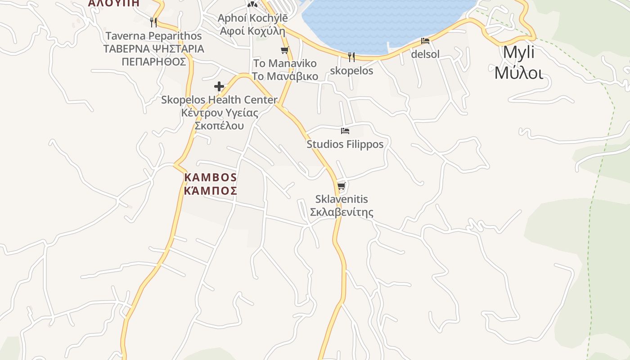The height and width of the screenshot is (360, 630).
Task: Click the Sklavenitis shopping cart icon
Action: pyautogui.click(x=341, y=186)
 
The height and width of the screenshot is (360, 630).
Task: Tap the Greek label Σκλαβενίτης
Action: pyautogui.click(x=342, y=212)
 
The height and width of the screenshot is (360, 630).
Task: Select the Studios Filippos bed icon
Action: pyautogui.click(x=345, y=131)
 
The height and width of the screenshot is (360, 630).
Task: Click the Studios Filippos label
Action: pyautogui.click(x=345, y=144)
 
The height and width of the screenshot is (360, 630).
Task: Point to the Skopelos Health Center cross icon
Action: pyautogui.click(x=219, y=86)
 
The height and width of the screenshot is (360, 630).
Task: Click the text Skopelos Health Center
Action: pyautogui.click(x=219, y=100)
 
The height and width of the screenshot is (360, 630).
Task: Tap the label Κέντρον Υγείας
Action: pyautogui.click(x=220, y=113)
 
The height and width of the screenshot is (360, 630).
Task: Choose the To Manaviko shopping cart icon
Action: pyautogui.click(x=284, y=50)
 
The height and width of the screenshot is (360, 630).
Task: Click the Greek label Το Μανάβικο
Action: pyautogui.click(x=284, y=76)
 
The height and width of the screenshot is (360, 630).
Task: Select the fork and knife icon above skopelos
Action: pyautogui.click(x=351, y=57)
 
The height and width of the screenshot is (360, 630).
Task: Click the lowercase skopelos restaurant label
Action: pyautogui.click(x=351, y=71)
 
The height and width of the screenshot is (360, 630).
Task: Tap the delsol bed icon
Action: pyautogui.click(x=425, y=41)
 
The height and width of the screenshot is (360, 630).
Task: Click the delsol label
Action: pyautogui.click(x=425, y=54)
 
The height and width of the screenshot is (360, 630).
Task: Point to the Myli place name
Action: pyautogui.click(x=518, y=53)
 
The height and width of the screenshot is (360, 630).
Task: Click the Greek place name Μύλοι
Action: pyautogui.click(x=518, y=72)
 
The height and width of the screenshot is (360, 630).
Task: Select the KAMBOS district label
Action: pyautogui.click(x=211, y=177)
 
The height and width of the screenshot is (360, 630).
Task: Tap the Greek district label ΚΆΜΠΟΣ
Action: pyautogui.click(x=211, y=191)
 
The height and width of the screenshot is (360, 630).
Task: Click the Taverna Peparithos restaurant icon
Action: pyautogui.click(x=153, y=22)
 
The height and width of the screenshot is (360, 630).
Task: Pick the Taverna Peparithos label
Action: pyautogui.click(x=153, y=36)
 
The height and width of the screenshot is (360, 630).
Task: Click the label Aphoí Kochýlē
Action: pyautogui.click(x=252, y=18)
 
